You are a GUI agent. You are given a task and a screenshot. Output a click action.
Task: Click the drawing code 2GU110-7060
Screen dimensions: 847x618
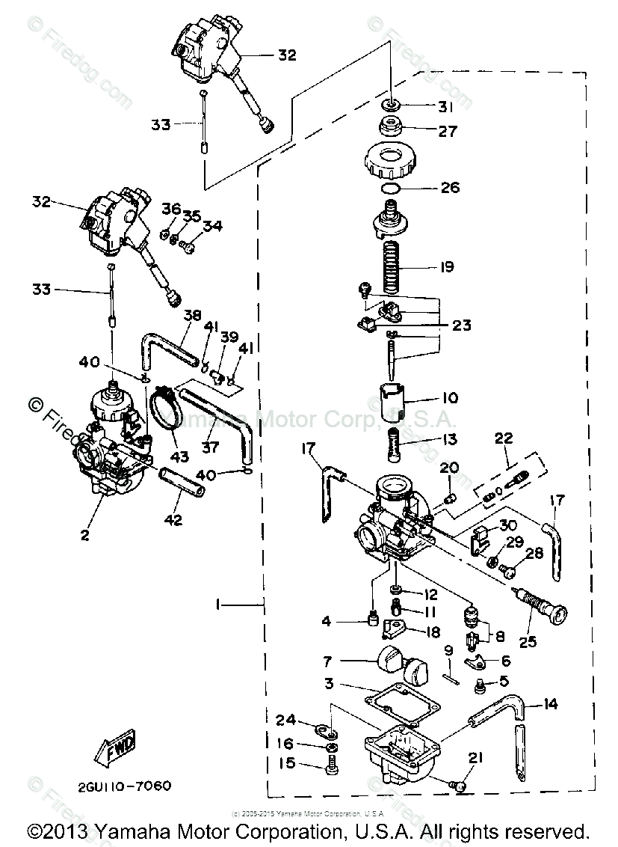(x=124, y=786)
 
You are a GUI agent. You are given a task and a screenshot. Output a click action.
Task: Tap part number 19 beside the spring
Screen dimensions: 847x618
(x=448, y=267)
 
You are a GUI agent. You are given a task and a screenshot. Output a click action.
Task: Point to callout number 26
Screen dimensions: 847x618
(x=450, y=187)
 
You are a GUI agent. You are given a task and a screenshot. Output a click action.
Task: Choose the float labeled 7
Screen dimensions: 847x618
(x=399, y=663)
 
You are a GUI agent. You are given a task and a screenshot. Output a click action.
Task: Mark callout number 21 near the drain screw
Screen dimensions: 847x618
(x=476, y=758)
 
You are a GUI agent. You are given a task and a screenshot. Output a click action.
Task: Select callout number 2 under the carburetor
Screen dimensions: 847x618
(x=84, y=534)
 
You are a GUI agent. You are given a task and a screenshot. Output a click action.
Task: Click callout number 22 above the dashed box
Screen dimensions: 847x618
(x=503, y=438)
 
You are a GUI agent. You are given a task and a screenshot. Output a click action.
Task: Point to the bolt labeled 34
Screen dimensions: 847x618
(x=190, y=242)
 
